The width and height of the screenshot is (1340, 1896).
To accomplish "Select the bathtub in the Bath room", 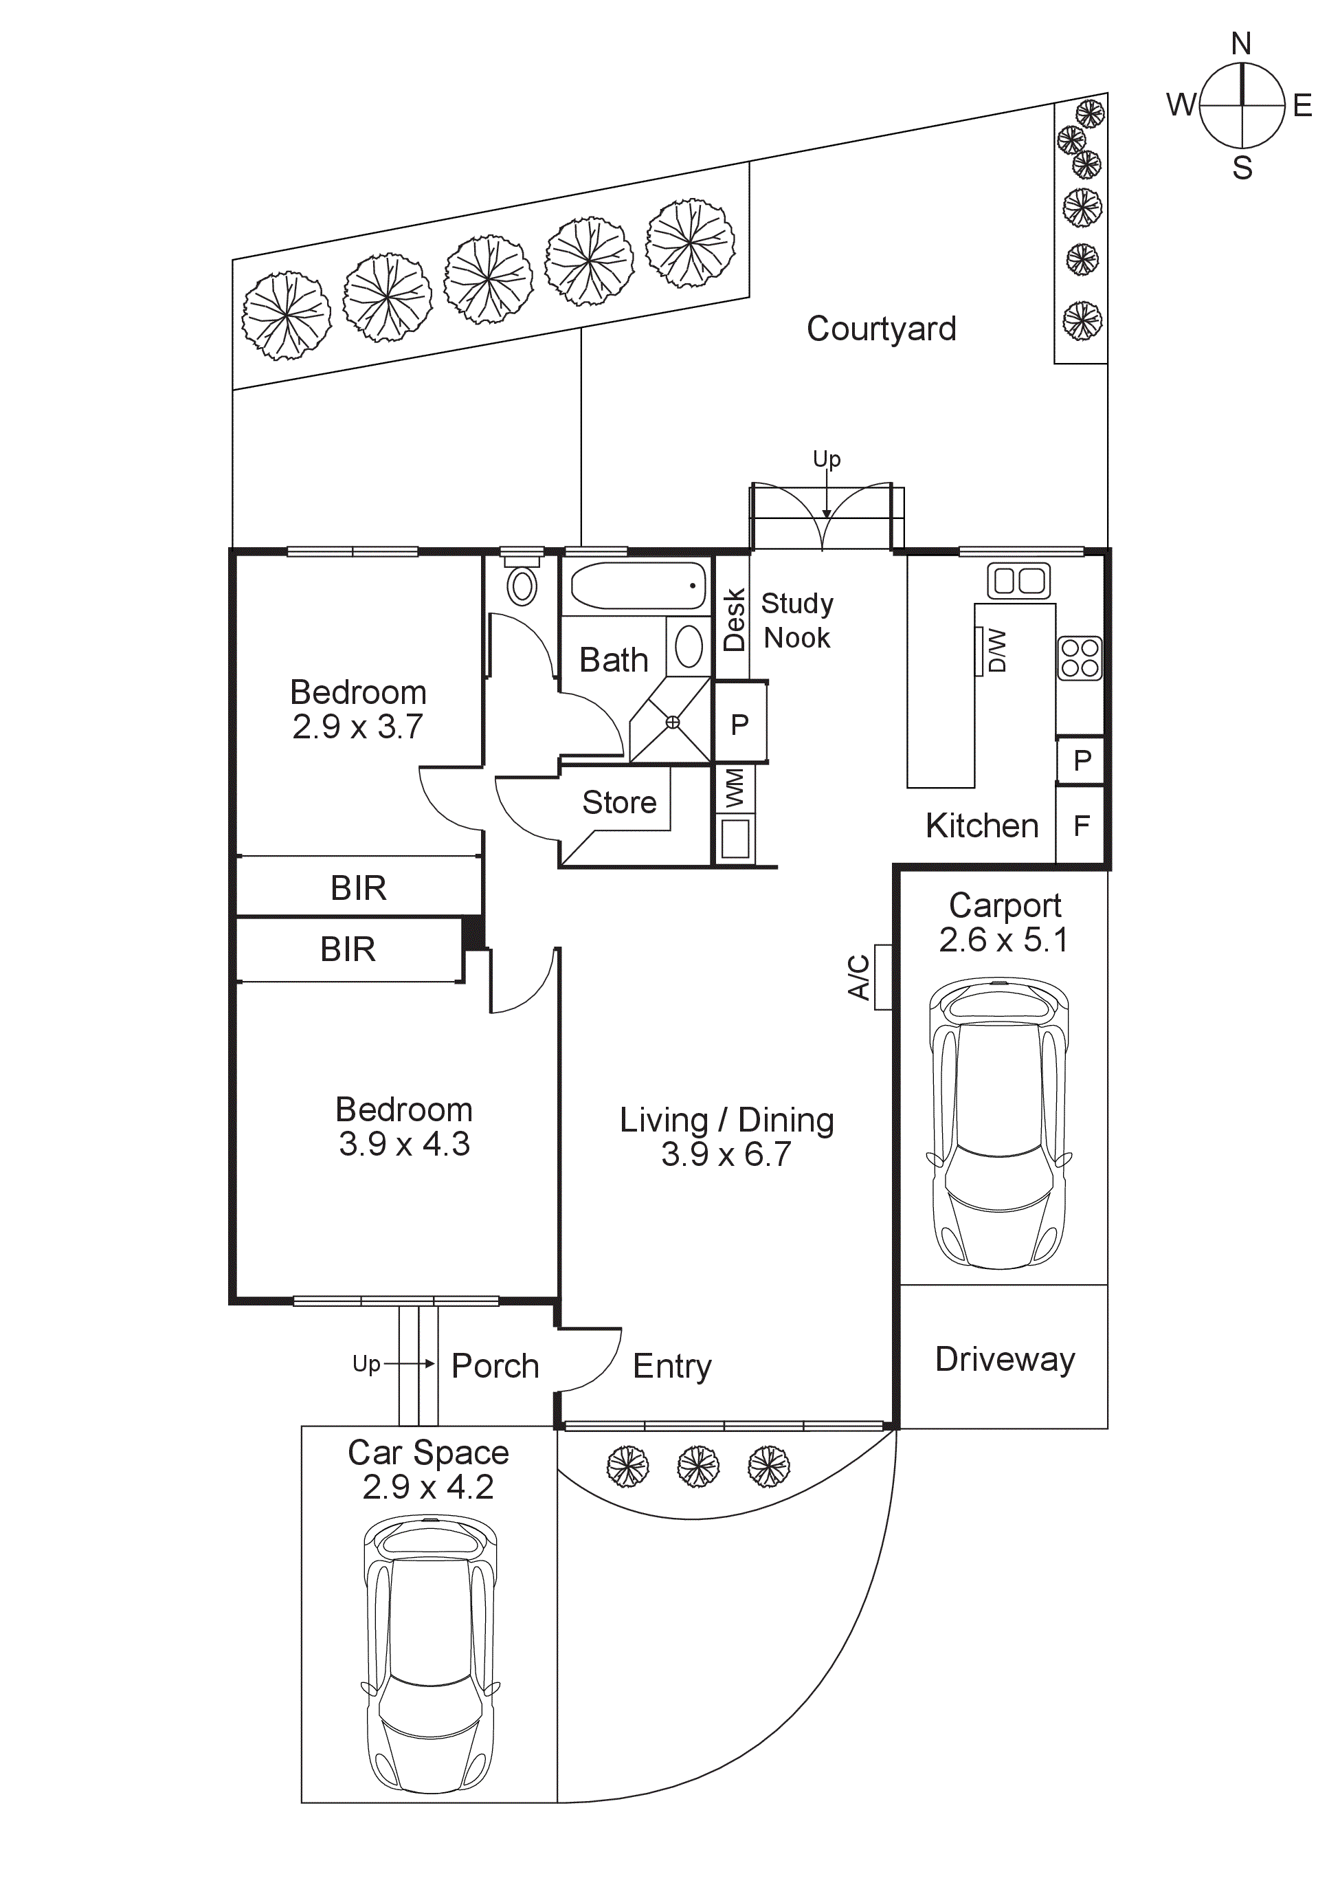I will tap(638, 586).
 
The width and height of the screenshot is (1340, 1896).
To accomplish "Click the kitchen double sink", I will tap(1019, 580).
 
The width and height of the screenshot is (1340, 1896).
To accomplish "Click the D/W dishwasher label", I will tap(997, 651).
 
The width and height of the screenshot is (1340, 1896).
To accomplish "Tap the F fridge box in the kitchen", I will tap(1081, 825).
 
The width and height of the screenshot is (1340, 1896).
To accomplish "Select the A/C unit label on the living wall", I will tap(860, 977).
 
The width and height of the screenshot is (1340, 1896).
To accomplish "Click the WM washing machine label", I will tap(734, 788).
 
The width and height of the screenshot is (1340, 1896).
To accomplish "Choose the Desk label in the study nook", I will tap(734, 620).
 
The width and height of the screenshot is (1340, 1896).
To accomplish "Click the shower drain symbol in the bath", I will tap(673, 723).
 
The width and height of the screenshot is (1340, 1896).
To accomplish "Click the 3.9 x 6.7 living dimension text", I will tap(726, 1154).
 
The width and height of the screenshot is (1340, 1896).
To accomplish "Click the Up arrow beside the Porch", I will tap(409, 1363).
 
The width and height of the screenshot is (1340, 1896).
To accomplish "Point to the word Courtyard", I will tap(881, 329).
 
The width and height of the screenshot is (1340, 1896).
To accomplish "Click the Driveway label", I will tap(1005, 1359).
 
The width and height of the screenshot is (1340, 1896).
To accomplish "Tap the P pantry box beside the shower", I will tap(740, 724).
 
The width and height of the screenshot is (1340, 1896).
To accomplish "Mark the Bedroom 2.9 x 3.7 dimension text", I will tap(357, 727).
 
